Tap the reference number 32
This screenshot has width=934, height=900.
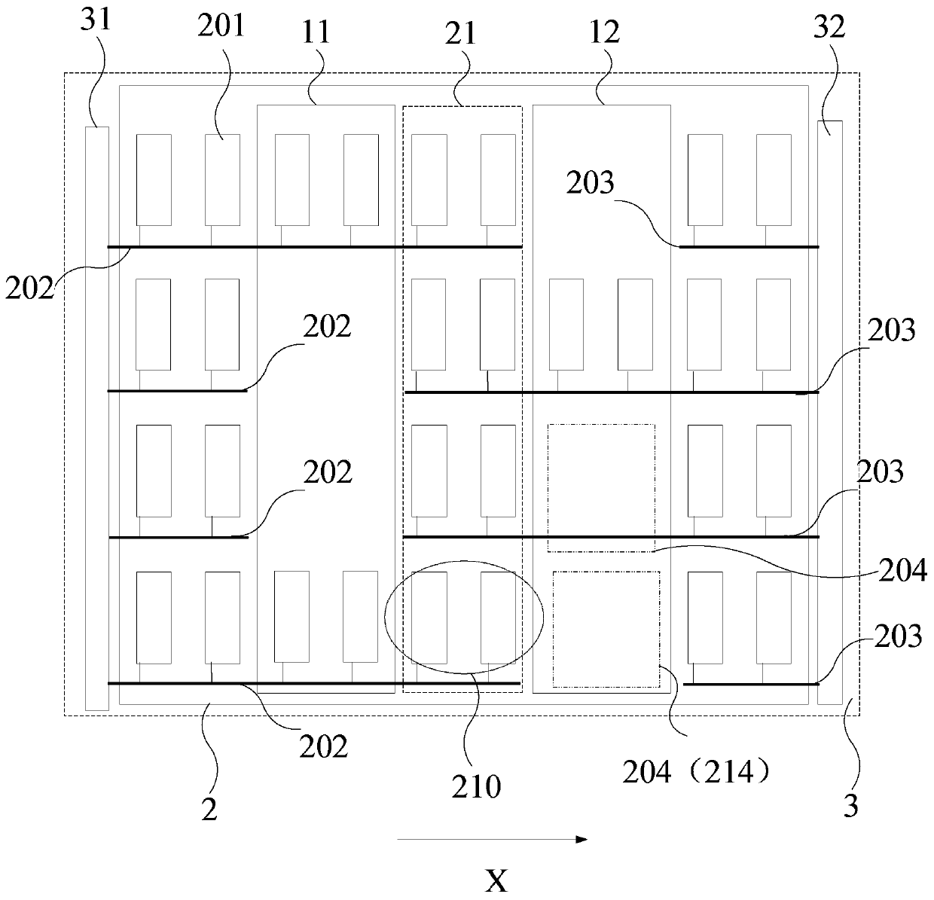(x=829, y=28)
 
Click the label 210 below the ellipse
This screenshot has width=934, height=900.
(x=477, y=786)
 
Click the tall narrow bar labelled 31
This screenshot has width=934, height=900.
(x=97, y=418)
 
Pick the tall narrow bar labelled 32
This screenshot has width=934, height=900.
(x=830, y=412)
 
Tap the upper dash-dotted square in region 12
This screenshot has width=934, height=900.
(x=601, y=488)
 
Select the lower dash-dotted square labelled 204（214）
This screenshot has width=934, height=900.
(x=606, y=629)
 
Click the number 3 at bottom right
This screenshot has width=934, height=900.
(x=850, y=807)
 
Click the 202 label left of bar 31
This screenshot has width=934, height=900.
(x=29, y=288)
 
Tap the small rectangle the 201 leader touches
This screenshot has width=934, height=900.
(x=223, y=179)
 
